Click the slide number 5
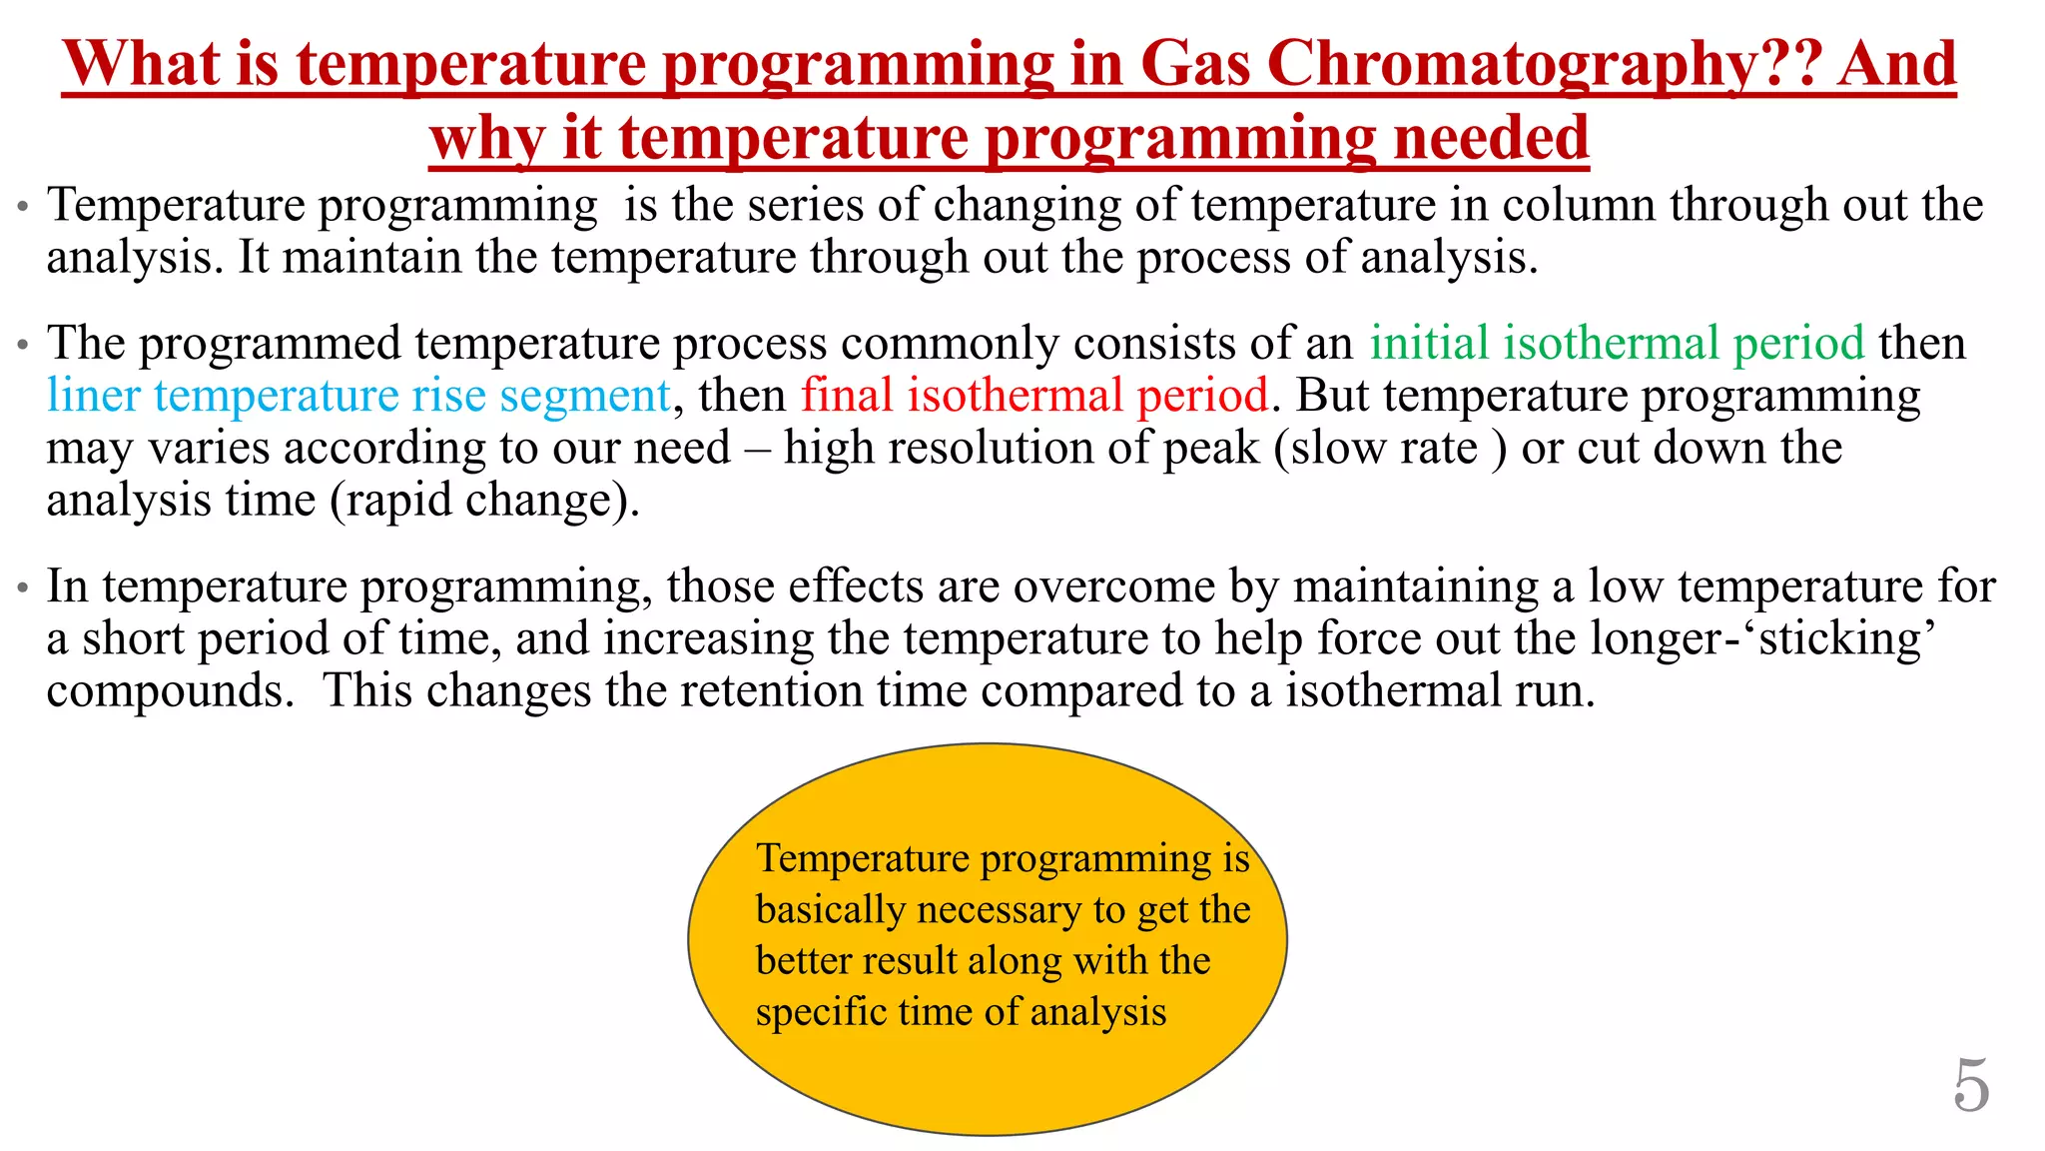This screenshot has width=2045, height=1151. click(1971, 1086)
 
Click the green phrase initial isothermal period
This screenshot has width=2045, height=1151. click(1617, 344)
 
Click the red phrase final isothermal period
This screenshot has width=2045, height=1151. click(1034, 396)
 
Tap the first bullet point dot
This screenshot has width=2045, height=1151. click(22, 210)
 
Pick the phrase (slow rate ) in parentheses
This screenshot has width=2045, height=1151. click(1390, 449)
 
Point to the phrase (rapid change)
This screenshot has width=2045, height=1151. click(485, 501)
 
